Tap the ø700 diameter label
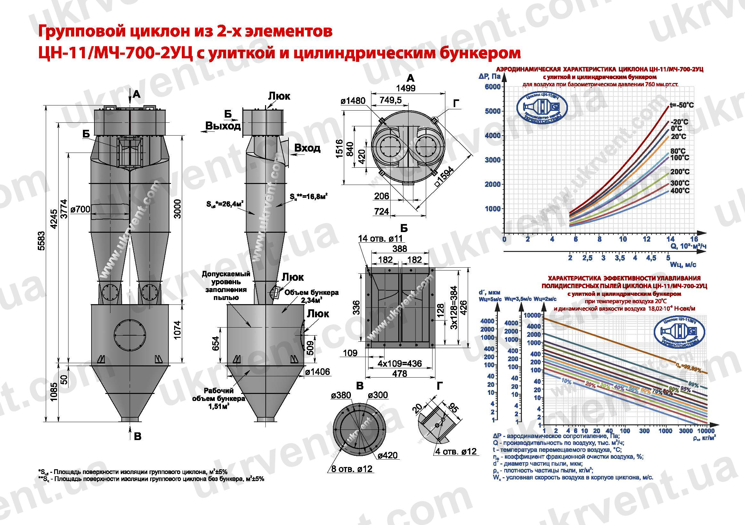(x=80, y=209)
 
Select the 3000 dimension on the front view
(x=177, y=209)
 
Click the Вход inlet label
(x=307, y=148)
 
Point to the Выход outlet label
(x=223, y=126)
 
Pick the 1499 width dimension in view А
(x=406, y=88)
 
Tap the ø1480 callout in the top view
(x=353, y=101)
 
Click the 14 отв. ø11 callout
(x=380, y=238)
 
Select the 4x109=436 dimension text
(x=400, y=363)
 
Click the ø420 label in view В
(x=387, y=455)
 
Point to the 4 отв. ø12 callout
(x=456, y=451)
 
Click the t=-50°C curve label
(x=682, y=105)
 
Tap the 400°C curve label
(x=680, y=191)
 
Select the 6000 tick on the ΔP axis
(x=492, y=87)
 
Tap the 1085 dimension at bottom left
(x=54, y=391)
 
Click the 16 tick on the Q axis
(x=694, y=239)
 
